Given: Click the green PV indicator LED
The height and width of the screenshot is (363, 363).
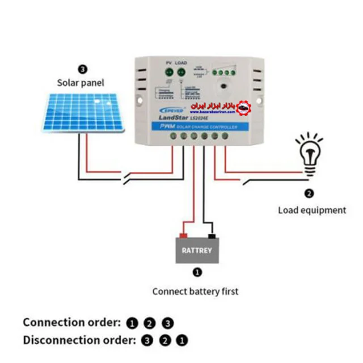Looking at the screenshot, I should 168,72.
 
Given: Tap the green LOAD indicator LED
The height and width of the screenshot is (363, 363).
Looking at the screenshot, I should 181,72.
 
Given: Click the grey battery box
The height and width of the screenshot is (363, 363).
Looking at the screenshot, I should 197,250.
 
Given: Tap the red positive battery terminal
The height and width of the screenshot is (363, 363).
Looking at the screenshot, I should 183,235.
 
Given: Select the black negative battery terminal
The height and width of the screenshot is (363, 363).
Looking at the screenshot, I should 211,235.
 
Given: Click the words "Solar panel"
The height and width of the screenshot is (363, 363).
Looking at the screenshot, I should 81,83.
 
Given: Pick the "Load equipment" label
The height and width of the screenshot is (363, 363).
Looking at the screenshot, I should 311,210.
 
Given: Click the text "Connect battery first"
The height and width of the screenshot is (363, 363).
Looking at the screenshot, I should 195,292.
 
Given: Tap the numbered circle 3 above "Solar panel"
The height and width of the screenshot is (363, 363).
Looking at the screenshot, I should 83,69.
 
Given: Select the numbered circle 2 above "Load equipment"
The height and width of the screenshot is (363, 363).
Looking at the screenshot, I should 309,193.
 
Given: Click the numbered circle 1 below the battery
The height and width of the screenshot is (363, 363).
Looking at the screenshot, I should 197,272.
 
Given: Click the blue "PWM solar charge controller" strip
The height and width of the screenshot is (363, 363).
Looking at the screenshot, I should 196,125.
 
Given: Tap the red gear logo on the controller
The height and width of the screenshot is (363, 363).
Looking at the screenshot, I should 243,107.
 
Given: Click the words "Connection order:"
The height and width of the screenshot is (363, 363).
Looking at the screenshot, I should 71,322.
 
